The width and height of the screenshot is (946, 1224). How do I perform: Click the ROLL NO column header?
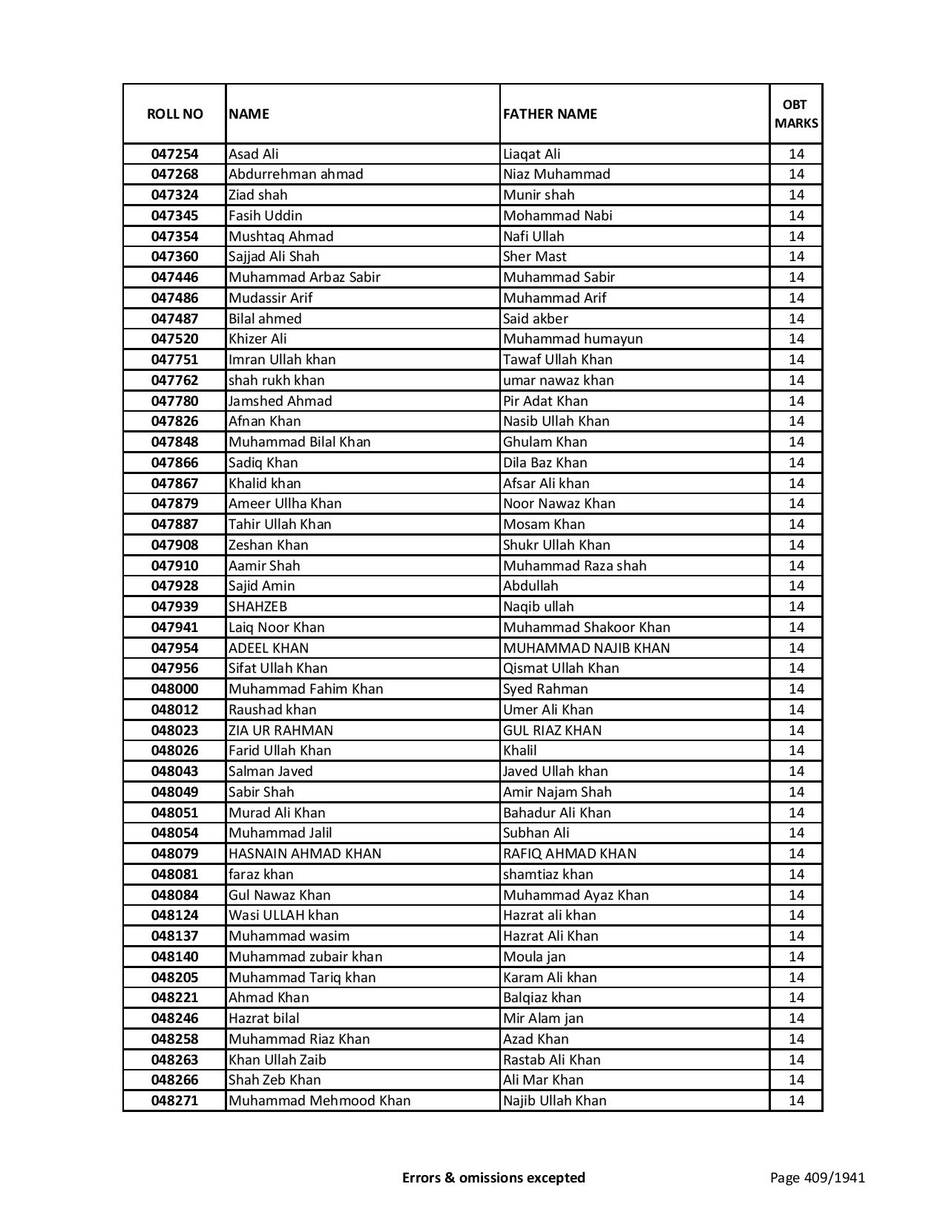[x=174, y=113]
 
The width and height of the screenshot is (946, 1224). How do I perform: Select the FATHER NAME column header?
[x=550, y=113]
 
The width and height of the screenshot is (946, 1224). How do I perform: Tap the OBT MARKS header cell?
[x=796, y=113]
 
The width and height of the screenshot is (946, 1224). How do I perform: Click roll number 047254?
[x=174, y=154]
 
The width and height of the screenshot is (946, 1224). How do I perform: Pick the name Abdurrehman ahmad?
[x=296, y=174]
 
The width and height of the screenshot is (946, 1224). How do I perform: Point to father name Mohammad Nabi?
[x=557, y=216]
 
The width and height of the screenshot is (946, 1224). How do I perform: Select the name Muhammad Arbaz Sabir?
[x=304, y=277]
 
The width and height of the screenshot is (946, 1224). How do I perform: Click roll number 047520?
[x=174, y=339]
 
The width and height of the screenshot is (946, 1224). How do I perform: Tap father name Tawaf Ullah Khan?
[x=557, y=360]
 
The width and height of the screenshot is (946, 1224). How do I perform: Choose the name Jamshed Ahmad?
[x=280, y=401]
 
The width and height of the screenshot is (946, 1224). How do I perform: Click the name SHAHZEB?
[x=257, y=607]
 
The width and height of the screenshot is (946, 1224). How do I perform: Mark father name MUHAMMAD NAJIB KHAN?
[x=586, y=648]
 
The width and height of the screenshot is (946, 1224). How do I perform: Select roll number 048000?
[x=174, y=689]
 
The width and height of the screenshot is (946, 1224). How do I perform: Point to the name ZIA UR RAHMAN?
[x=280, y=731]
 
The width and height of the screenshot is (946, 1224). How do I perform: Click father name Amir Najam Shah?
[x=557, y=792]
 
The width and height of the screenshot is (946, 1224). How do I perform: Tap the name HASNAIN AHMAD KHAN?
[x=305, y=854]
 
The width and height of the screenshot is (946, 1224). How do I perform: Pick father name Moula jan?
[x=534, y=957]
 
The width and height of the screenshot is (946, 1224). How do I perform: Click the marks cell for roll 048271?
[x=796, y=1101]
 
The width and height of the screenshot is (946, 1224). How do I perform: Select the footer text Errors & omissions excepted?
[x=493, y=1177]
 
